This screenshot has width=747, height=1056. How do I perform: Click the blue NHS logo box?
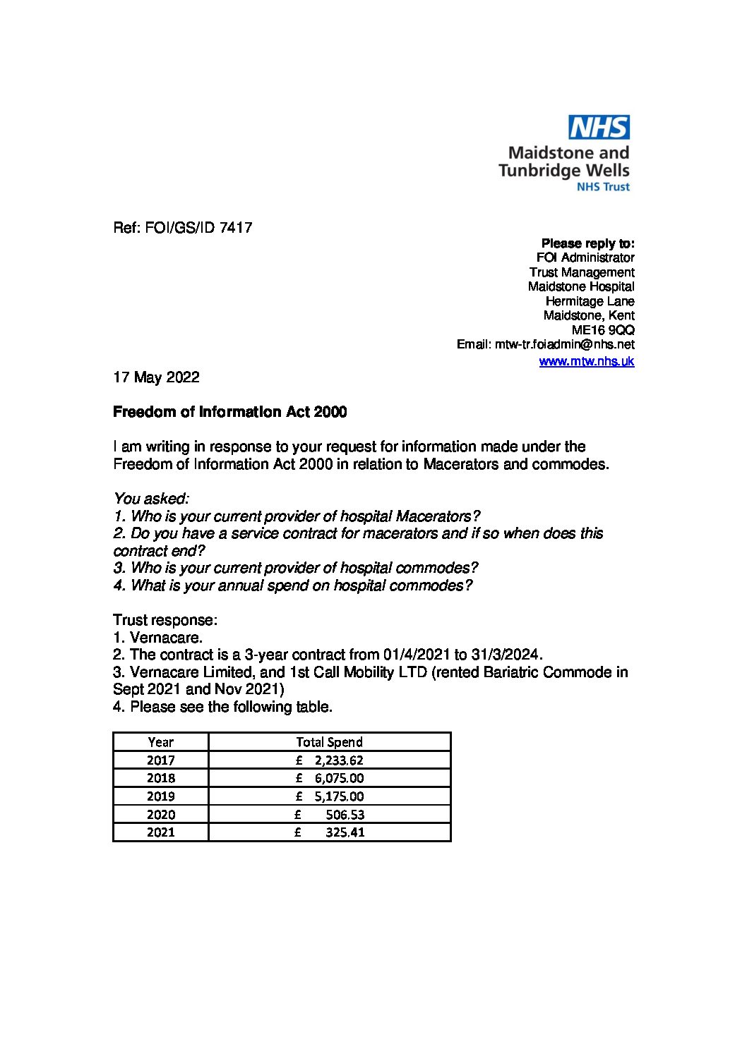599,128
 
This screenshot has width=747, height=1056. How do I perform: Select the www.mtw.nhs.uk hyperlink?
586,361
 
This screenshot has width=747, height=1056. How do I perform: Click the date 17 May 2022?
156,377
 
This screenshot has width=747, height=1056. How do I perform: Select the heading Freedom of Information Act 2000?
229,412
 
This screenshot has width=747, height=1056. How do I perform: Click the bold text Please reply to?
587,243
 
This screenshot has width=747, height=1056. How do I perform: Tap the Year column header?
160,741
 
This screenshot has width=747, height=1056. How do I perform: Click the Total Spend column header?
329,741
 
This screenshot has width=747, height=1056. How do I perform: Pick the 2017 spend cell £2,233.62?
330,760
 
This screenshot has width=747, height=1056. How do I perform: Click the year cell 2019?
160,796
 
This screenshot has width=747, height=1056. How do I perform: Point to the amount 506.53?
345,814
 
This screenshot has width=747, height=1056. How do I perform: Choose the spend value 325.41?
345,832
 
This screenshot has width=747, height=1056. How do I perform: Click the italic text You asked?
151,499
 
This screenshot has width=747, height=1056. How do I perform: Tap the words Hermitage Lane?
590,301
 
